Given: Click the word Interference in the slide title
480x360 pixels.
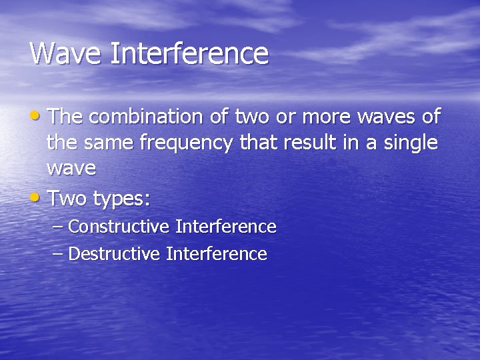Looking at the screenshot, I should click(x=189, y=53).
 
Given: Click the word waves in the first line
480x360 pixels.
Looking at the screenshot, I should click(x=387, y=118).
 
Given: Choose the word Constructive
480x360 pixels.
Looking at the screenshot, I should click(x=119, y=227).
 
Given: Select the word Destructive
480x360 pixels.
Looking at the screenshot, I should click(x=114, y=254).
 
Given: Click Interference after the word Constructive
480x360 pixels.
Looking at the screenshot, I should click(x=225, y=227).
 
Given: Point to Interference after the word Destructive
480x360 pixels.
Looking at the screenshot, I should click(x=216, y=254).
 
